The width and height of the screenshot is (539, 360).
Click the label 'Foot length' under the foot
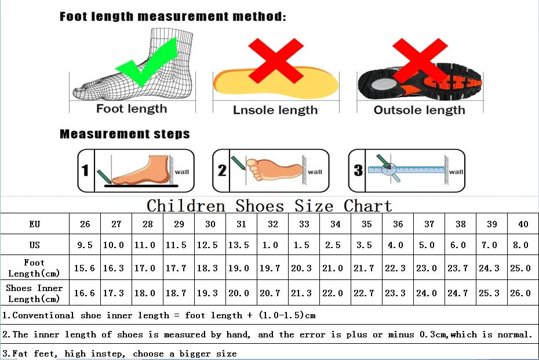(x=132, y=108)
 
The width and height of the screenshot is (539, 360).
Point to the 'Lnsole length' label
(x=275, y=110)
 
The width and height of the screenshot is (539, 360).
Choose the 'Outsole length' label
(x=419, y=110)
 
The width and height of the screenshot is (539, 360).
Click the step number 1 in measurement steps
(x=85, y=170)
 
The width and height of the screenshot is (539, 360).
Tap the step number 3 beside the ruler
(x=358, y=170)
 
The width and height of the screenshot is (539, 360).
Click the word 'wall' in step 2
(x=315, y=172)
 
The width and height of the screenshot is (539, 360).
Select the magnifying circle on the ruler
(x=389, y=170)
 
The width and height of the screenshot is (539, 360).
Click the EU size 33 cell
(x=304, y=224)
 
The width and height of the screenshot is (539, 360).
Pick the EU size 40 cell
(x=523, y=224)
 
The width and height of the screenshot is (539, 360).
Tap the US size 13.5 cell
(x=241, y=245)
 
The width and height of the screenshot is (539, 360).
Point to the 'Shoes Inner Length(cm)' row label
(x=34, y=293)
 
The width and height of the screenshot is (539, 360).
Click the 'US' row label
(x=34, y=245)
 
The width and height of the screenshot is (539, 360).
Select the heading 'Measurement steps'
(x=125, y=134)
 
